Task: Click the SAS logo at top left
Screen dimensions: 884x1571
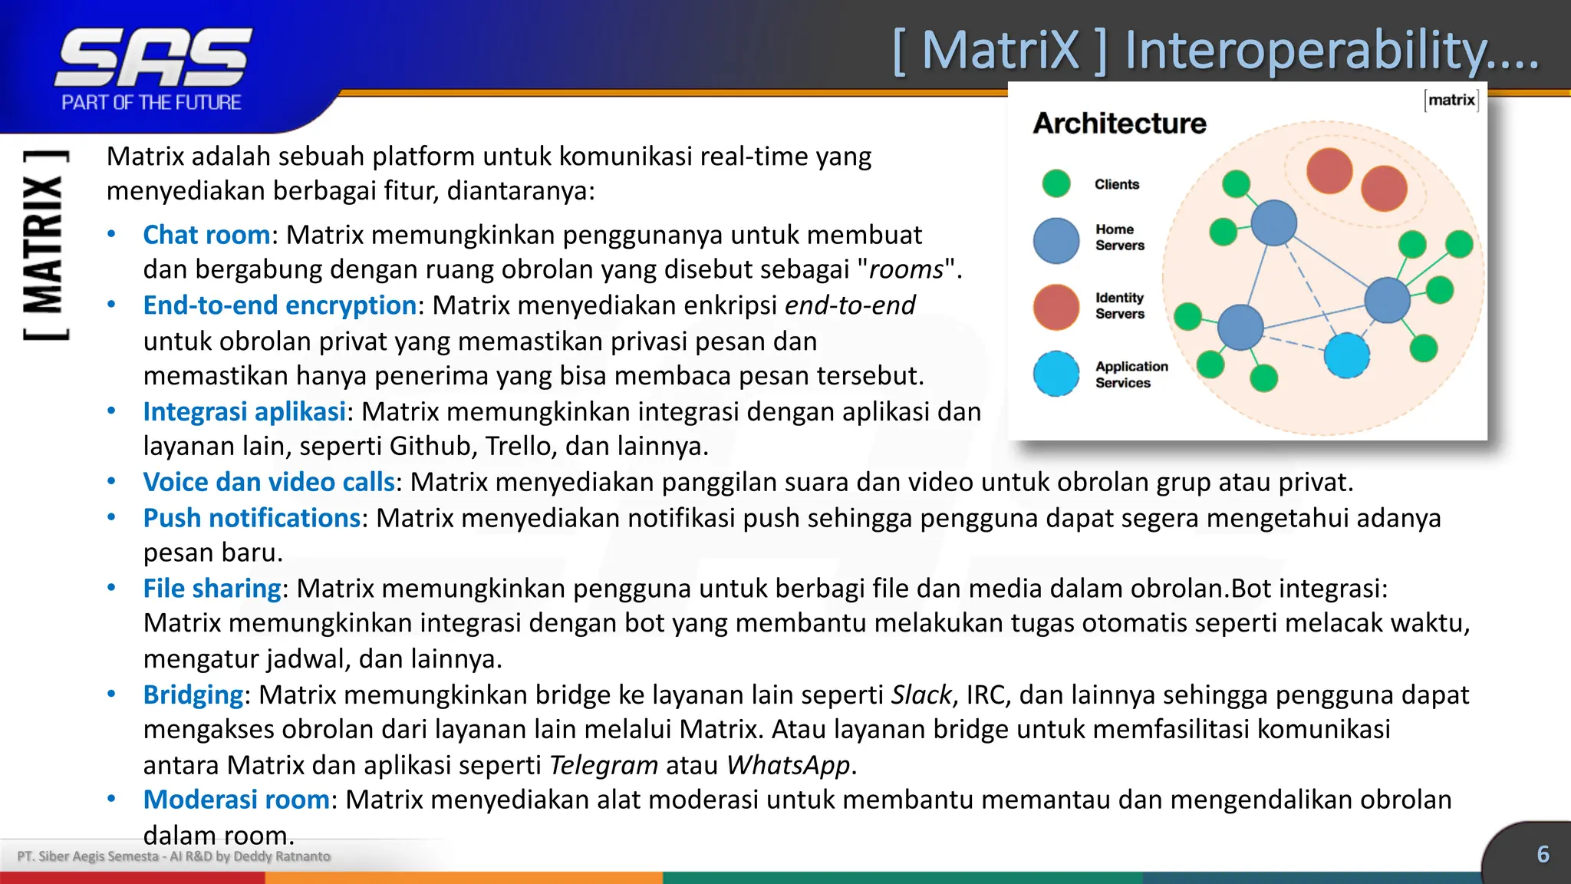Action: (x=153, y=58)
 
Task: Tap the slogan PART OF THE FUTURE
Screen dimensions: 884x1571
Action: (x=151, y=102)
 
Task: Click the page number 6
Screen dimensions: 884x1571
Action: (x=1543, y=854)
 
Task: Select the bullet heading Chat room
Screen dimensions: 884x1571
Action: (x=206, y=235)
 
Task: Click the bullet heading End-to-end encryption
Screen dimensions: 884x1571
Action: (x=279, y=305)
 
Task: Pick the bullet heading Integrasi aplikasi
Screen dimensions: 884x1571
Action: (x=244, y=412)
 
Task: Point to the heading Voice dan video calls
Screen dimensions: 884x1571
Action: (x=268, y=482)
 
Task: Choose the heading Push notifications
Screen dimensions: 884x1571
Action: (x=252, y=518)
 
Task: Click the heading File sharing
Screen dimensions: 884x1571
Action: (x=212, y=589)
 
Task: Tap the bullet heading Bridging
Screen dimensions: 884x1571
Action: (x=193, y=694)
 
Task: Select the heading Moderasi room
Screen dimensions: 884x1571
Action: (x=236, y=800)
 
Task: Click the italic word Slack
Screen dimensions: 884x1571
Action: (x=921, y=694)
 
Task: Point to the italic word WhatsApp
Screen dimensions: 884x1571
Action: (x=788, y=765)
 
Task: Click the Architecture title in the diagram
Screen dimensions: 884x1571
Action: (x=1119, y=124)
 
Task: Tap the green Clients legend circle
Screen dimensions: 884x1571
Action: (x=1056, y=183)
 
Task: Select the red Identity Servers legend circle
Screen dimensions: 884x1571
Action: (x=1056, y=306)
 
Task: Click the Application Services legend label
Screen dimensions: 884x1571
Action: (x=1131, y=374)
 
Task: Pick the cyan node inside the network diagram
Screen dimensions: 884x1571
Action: (x=1346, y=355)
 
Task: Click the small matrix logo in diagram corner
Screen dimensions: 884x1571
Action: (x=1451, y=100)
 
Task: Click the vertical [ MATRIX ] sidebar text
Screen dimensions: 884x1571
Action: (x=44, y=246)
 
